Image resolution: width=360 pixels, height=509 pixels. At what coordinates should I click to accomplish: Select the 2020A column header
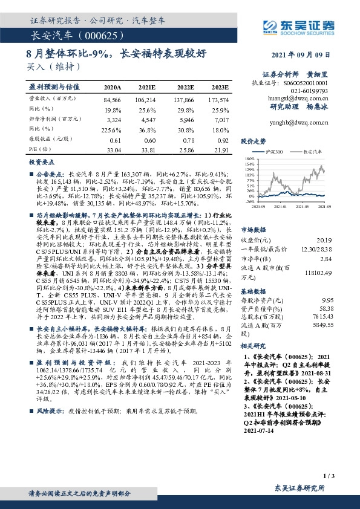click(x=113, y=88)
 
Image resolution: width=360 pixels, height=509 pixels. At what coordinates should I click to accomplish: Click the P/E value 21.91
click(x=219, y=149)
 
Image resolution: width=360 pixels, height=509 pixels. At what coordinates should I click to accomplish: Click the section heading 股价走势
click(x=254, y=141)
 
